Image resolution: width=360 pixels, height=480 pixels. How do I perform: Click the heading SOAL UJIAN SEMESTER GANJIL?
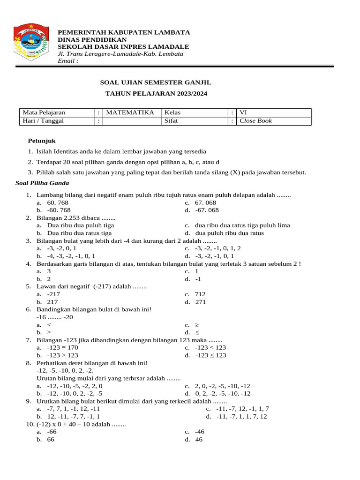(156, 82)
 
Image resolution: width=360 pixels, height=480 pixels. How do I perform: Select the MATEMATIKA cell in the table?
(130, 112)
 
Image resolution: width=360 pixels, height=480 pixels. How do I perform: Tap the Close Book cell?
(255, 121)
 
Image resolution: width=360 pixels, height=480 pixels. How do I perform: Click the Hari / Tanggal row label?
(44, 121)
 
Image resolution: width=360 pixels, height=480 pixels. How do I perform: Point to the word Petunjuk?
(42, 141)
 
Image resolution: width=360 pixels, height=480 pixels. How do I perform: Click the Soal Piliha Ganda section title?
(42, 183)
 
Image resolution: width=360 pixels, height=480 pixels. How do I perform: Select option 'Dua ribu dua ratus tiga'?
(79, 233)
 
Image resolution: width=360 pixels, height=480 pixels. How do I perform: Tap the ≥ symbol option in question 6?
(197, 325)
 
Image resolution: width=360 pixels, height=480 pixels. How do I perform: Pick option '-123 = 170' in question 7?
(63, 348)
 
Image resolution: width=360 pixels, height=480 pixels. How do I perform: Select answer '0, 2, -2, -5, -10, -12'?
(223, 394)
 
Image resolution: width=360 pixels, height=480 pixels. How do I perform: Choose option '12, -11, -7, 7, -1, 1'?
(73, 416)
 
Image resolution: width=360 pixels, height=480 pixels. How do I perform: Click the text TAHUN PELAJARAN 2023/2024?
(156, 94)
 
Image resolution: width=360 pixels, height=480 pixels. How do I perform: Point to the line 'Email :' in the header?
(68, 60)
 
